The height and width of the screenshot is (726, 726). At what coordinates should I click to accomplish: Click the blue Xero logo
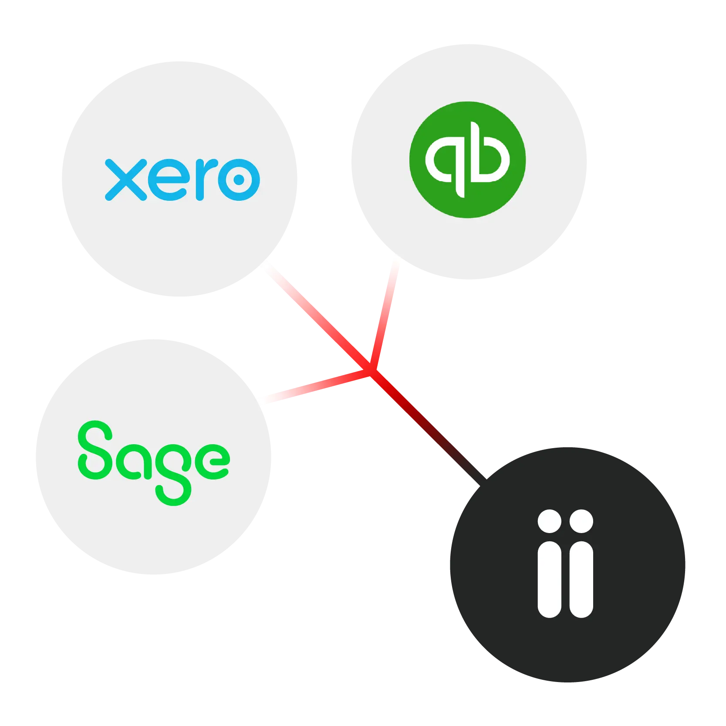point(182,179)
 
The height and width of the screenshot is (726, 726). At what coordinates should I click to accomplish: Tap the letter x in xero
point(125,179)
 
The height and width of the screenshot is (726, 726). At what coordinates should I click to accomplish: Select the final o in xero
point(239,179)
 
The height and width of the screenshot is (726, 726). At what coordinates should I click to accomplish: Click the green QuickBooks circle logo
point(467,159)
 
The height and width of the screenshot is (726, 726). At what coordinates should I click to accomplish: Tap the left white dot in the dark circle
point(549,521)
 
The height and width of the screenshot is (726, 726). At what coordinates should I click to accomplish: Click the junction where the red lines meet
point(370,370)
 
